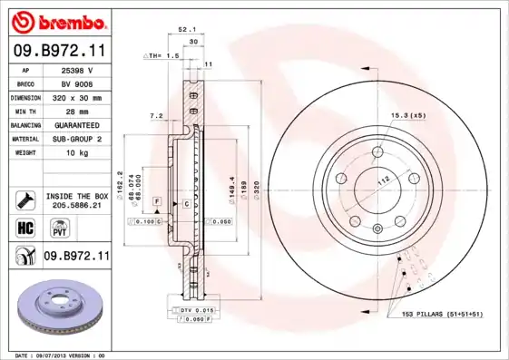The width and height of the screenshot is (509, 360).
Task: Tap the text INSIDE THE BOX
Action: pyautogui.click(x=77, y=196)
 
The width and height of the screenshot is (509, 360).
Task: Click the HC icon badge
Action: pyautogui.click(x=25, y=227)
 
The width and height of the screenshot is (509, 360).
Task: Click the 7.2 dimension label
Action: pyautogui.click(x=155, y=116)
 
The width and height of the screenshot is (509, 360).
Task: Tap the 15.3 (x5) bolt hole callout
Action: pyautogui.click(x=408, y=115)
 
